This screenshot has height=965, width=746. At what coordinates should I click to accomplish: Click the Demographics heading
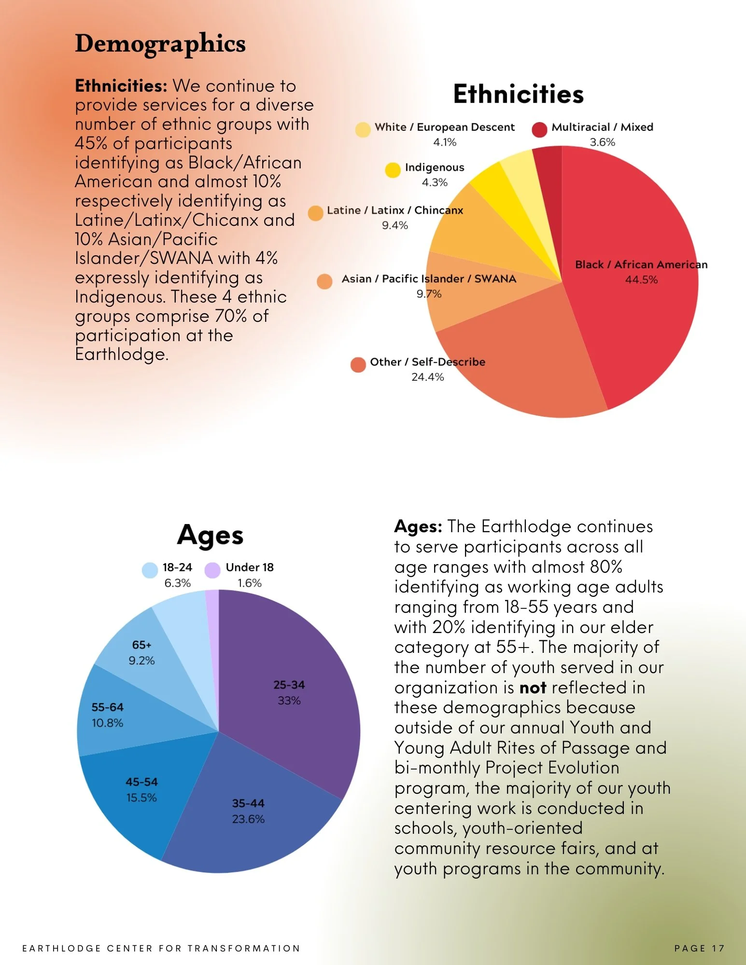160,44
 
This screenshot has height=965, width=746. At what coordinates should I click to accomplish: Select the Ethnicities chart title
518,94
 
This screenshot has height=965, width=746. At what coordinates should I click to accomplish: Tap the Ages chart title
210,536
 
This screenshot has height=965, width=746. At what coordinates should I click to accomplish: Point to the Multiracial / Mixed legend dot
539,129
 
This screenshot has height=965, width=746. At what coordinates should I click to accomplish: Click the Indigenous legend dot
393,170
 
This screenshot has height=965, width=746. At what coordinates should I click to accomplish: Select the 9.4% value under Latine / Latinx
394,225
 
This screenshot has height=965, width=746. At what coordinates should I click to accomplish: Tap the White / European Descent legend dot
363,129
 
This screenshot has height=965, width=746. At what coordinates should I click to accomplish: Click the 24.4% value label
427,377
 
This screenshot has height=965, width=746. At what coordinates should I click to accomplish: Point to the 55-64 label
107,707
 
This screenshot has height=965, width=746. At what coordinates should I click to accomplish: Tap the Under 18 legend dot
212,570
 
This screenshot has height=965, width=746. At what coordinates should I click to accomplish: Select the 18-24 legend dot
150,570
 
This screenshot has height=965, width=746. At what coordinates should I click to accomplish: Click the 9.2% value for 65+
141,661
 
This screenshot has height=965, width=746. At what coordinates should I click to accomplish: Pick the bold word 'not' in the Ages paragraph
533,688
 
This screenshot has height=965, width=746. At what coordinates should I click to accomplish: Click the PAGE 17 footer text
699,948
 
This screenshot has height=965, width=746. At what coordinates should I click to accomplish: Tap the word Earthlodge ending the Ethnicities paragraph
121,355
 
